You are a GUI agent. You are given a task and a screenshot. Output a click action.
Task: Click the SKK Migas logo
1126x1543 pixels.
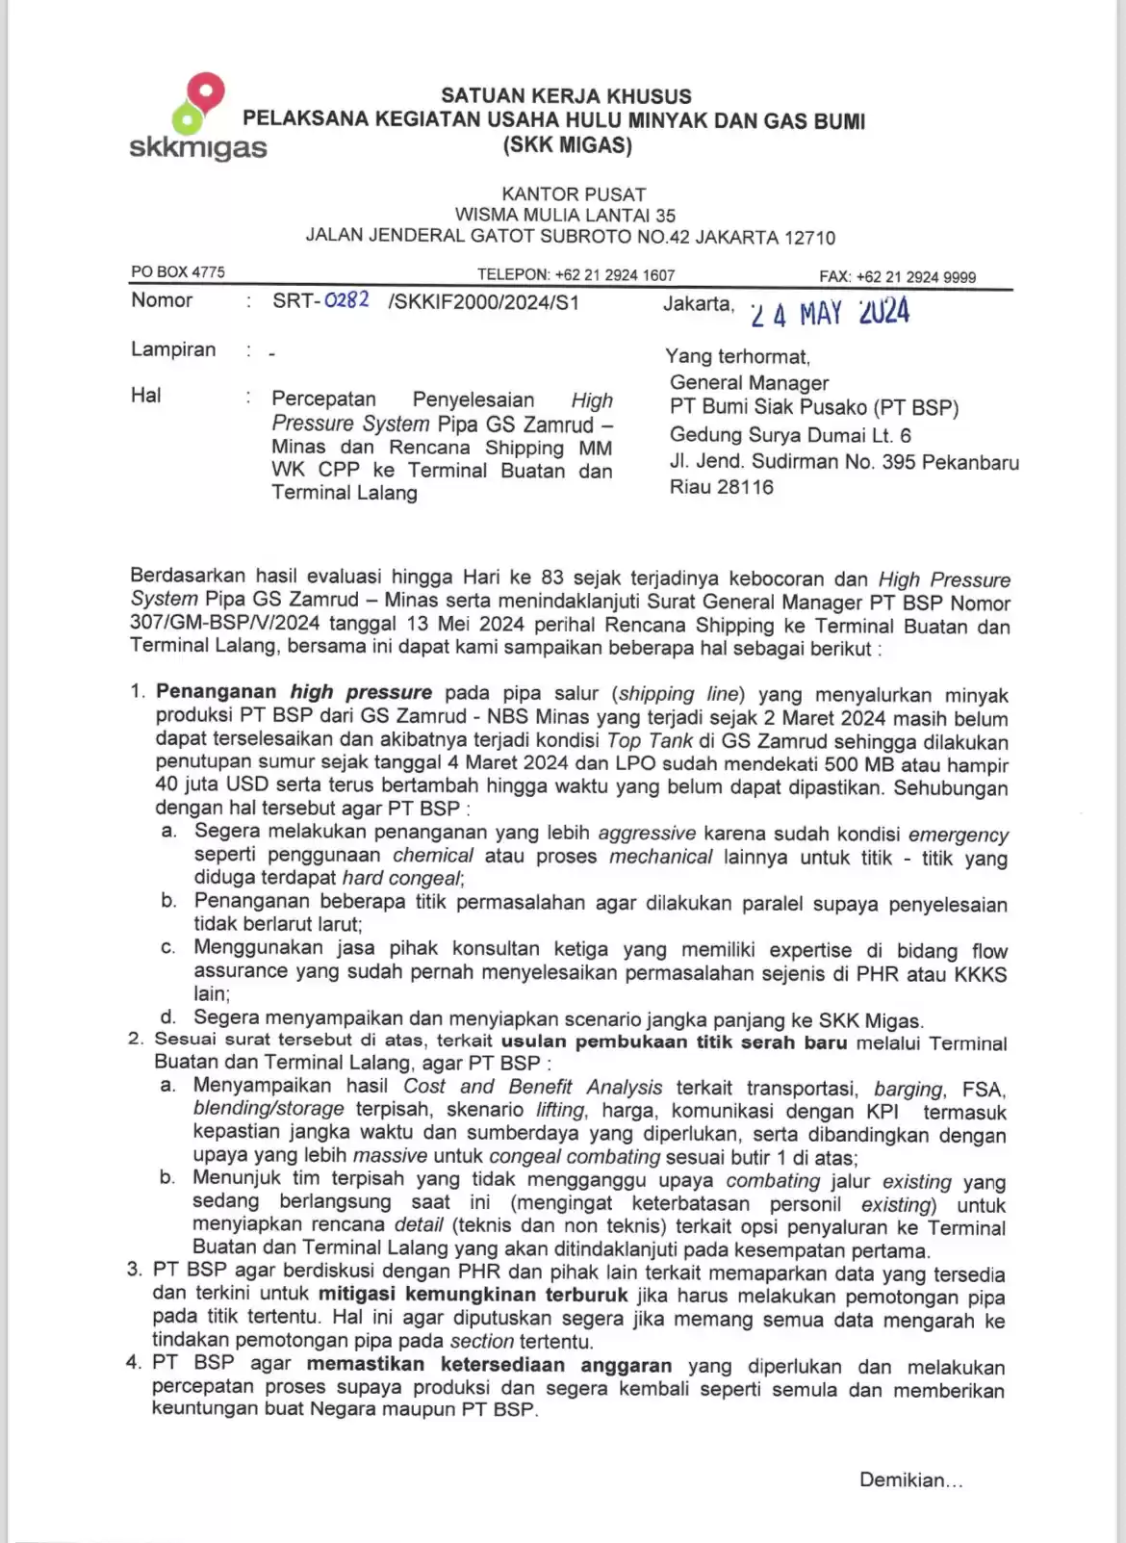pos(197,117)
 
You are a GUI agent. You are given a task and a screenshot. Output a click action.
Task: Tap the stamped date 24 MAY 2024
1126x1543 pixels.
pos(830,313)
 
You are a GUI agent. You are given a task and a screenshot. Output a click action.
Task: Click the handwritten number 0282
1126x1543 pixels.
pos(346,300)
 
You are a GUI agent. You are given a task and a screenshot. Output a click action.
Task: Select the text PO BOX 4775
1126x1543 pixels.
pos(178,272)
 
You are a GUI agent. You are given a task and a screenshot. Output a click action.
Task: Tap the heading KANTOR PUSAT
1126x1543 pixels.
pos(574,194)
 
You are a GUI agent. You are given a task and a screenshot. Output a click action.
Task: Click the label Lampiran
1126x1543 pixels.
pos(173,349)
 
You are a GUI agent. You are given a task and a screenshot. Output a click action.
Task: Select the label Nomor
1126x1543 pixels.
pos(162,300)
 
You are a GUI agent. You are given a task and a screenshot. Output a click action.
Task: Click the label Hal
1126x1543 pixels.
pos(146,396)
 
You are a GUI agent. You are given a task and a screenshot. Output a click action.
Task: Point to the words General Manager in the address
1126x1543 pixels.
pos(749,382)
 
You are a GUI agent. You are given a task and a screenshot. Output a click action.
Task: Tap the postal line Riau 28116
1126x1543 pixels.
pos(721,487)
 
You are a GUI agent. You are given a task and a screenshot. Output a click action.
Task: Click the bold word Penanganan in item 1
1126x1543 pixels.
pos(218,692)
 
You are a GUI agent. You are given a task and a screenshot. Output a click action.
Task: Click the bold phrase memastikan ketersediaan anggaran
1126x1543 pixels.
pos(489,1364)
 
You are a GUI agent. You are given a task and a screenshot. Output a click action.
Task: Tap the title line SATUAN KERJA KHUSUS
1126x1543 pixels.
pos(566,96)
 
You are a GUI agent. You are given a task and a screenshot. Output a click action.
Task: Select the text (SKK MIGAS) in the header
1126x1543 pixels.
pos(567,146)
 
